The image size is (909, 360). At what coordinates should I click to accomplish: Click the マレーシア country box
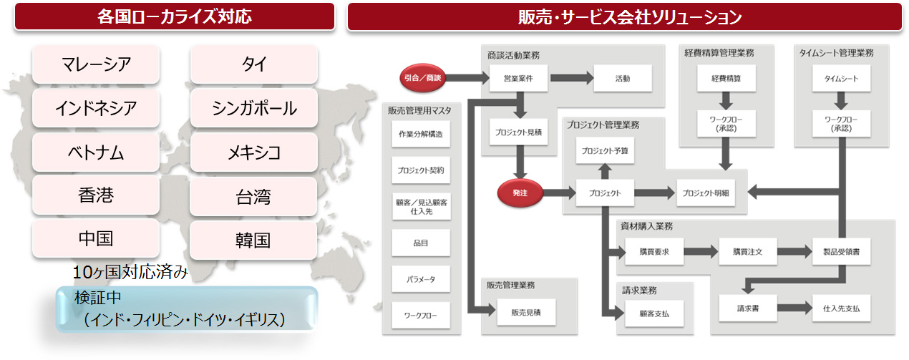pyautogui.click(x=95, y=64)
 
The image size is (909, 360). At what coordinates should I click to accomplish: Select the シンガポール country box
pyautogui.click(x=254, y=108)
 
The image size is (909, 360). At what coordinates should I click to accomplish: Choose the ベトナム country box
pyautogui.click(x=95, y=152)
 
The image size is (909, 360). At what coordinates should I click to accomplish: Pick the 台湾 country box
pyautogui.click(x=254, y=196)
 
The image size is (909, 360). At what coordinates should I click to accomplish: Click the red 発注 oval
pyautogui.click(x=520, y=193)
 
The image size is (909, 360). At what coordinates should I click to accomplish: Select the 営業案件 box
pyautogui.click(x=520, y=78)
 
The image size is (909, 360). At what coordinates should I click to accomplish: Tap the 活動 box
pyautogui.click(x=622, y=78)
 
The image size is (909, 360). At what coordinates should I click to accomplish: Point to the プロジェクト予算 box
pyautogui.click(x=605, y=150)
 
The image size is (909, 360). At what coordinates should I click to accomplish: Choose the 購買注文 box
pyautogui.click(x=747, y=251)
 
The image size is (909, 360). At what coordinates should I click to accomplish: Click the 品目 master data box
pyautogui.click(x=420, y=243)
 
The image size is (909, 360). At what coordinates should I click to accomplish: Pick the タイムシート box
pyautogui.click(x=841, y=78)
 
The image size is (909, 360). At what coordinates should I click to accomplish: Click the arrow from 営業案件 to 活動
pyautogui.click(x=570, y=78)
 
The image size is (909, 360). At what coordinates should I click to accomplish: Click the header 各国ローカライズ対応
pyautogui.click(x=175, y=16)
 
